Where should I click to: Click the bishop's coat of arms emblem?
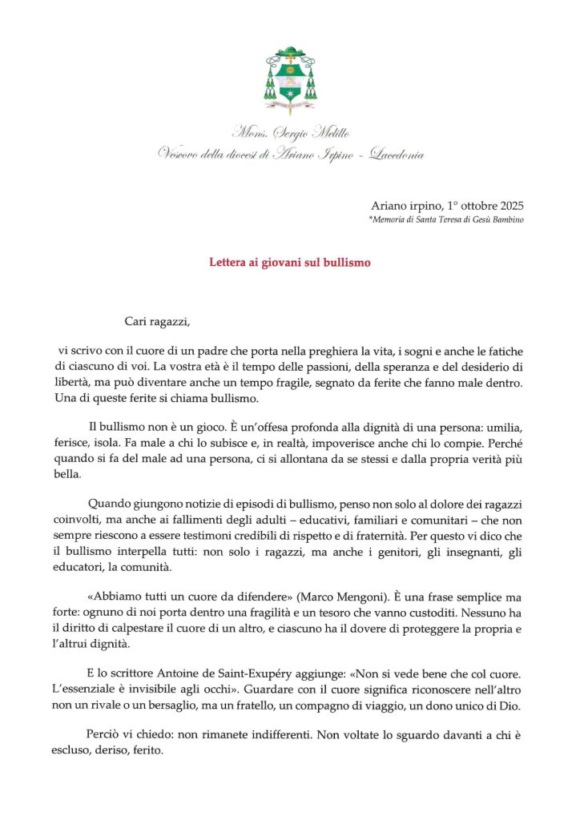point(290,80)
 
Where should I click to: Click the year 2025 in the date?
point(509,206)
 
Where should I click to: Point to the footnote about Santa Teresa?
point(446,219)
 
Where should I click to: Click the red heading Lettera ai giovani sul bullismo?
point(290,262)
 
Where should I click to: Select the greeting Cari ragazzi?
point(159,322)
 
